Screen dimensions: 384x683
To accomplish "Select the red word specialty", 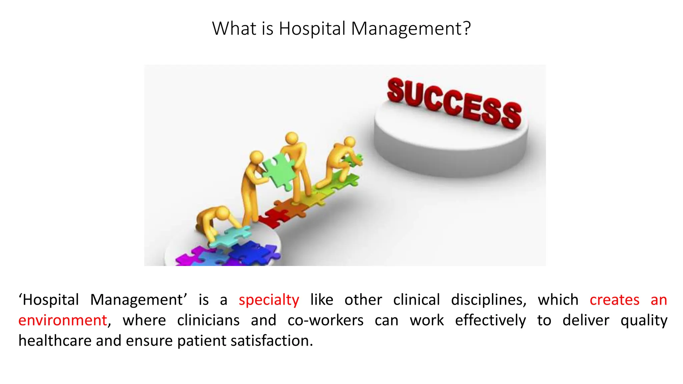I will pyautogui.click(x=269, y=300).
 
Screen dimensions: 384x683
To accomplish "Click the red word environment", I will pyautogui.click(x=63, y=320).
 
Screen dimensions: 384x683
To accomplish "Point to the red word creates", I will pyautogui.click(x=614, y=300).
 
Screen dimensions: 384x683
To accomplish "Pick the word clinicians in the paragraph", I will pyautogui.click(x=208, y=320).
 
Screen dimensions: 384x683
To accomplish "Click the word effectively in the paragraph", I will pyautogui.click(x=490, y=320).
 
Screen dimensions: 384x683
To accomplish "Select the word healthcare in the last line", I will pyautogui.click(x=55, y=341).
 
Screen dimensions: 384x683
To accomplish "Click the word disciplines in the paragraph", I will pyautogui.click(x=489, y=300).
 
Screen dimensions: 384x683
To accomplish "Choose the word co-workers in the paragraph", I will pyautogui.click(x=325, y=320).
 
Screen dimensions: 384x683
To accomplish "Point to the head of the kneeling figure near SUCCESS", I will pyautogui.click(x=350, y=142).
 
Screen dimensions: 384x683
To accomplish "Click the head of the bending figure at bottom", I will pyautogui.click(x=223, y=213).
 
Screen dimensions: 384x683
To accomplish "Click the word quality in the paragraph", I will pyautogui.click(x=644, y=320).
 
